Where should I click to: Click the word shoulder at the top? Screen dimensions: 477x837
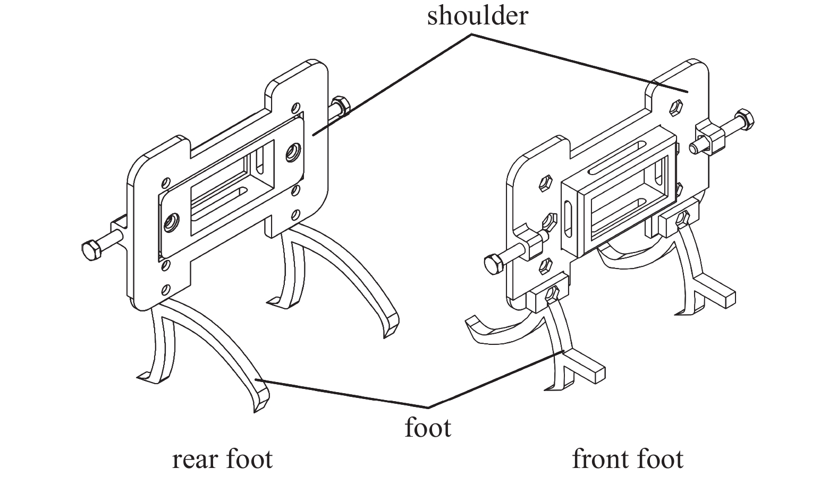(477, 15)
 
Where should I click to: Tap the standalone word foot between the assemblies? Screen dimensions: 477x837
(428, 428)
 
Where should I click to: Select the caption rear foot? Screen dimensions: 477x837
(222, 459)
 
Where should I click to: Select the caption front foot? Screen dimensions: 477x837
(628, 459)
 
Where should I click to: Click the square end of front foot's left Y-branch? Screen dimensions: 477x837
(598, 374)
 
